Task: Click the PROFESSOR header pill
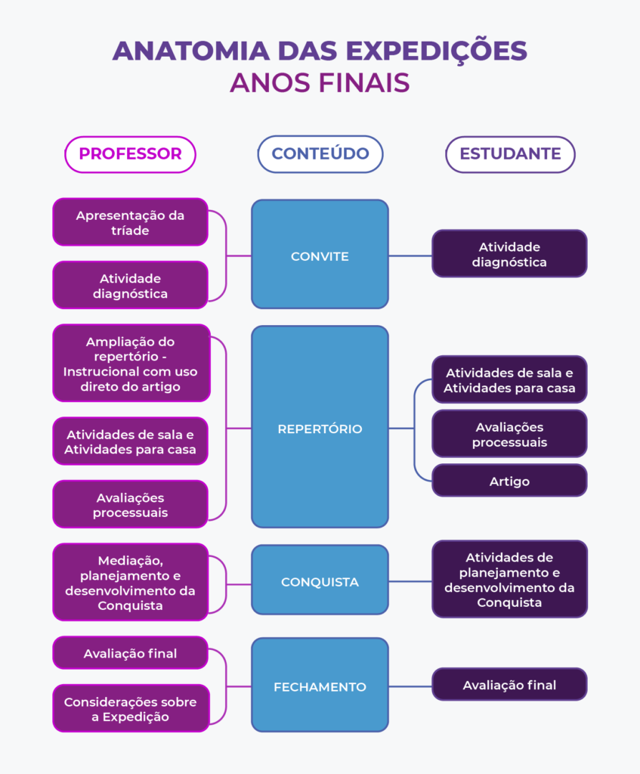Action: tap(130, 154)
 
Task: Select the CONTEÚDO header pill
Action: tap(320, 154)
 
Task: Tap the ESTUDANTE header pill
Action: tap(510, 154)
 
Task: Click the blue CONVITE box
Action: tap(320, 255)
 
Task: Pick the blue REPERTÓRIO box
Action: tap(320, 427)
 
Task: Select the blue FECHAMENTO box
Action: tap(320, 686)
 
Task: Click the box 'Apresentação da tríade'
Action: tap(130, 222)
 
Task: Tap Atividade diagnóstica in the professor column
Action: tap(130, 285)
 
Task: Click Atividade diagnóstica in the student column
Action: tap(509, 254)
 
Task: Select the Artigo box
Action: tap(509, 481)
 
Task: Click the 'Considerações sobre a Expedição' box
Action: tap(130, 708)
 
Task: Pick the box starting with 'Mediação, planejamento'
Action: tap(130, 582)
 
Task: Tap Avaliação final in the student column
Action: tap(509, 685)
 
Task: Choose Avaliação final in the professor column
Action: tap(130, 653)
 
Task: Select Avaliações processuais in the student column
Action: tap(509, 434)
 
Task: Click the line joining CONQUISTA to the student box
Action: tap(410, 581)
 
